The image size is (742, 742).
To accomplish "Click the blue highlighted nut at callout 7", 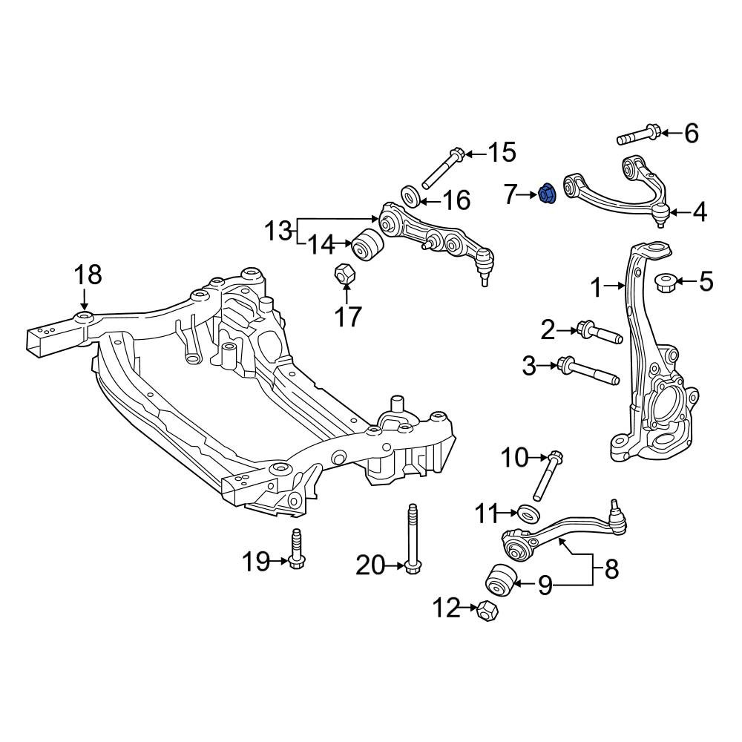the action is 547,194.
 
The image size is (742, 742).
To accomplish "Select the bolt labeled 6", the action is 638,135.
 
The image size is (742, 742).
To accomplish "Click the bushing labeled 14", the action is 367,243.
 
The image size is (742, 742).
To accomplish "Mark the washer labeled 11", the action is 528,513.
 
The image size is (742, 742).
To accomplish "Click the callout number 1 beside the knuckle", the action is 597,288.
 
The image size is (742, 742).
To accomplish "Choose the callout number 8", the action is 611,569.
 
